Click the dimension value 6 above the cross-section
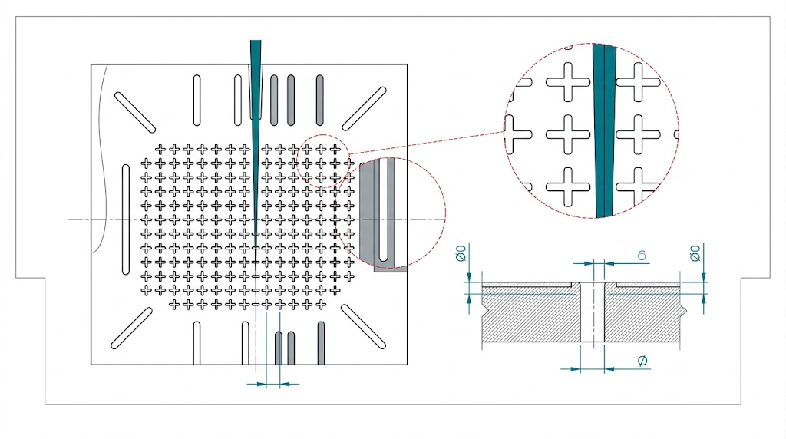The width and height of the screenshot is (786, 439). coord(641,256)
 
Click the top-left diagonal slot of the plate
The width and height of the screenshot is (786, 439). coord(134,112)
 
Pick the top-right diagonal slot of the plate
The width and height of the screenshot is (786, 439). coord(365,107)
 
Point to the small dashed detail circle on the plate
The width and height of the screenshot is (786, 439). coord(322,162)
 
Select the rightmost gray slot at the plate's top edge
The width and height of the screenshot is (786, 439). coord(321,99)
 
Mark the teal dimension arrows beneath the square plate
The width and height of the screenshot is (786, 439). coord(268,382)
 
